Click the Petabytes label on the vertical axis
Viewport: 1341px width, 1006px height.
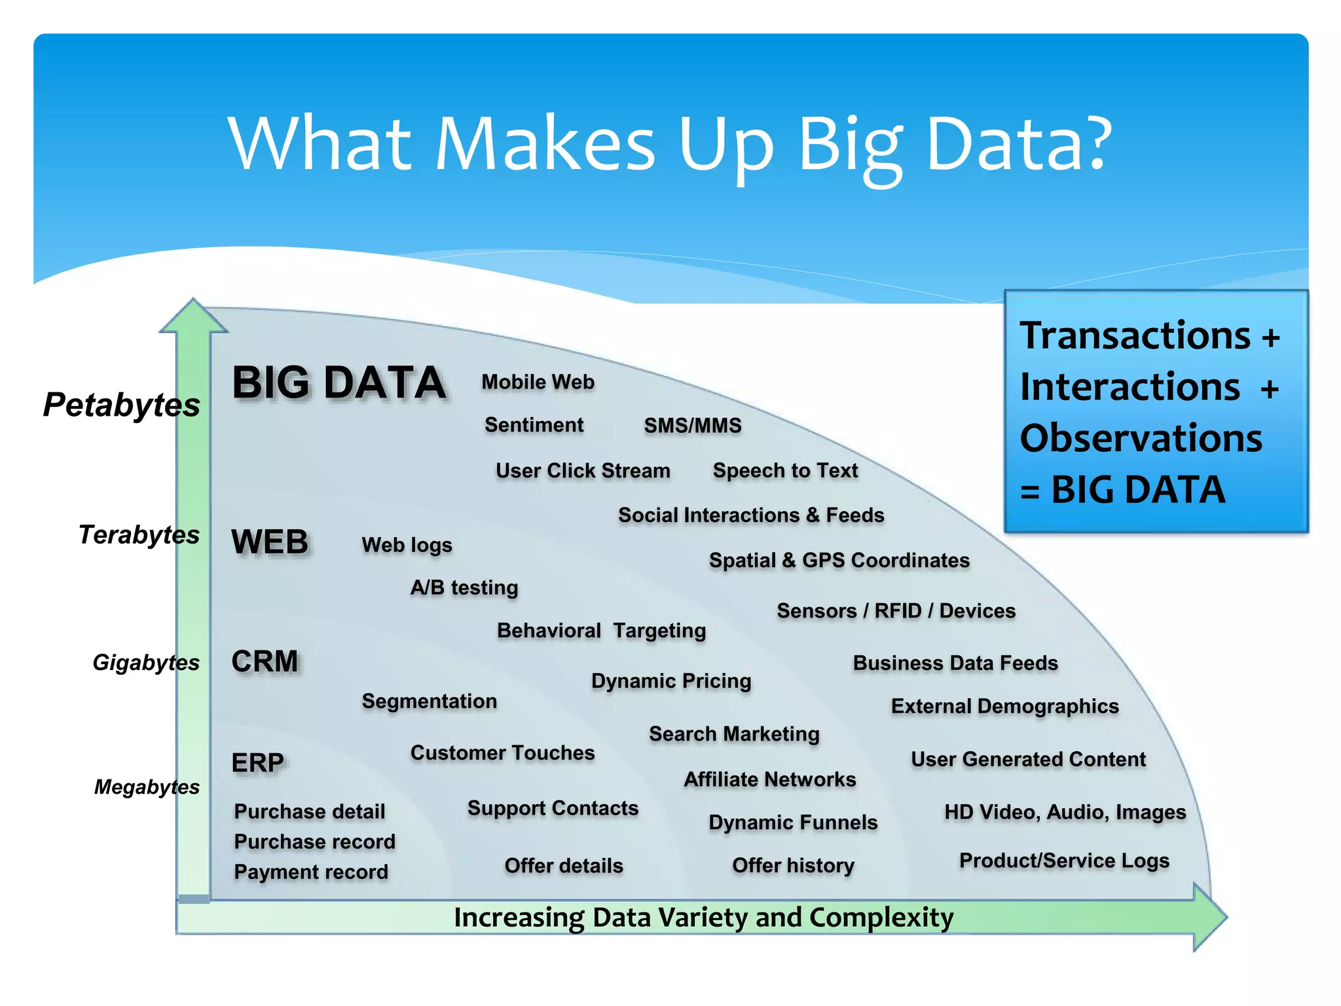pyautogui.click(x=122, y=405)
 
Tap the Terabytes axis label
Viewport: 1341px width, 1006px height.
pyautogui.click(x=139, y=534)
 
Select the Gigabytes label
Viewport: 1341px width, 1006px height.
pyautogui.click(x=145, y=662)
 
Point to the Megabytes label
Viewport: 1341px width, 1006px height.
pyautogui.click(x=147, y=787)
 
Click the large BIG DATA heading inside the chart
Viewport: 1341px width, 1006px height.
pyautogui.click(x=339, y=382)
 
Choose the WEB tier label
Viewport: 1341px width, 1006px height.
pyautogui.click(x=270, y=542)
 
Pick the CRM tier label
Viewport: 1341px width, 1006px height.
pyautogui.click(x=265, y=661)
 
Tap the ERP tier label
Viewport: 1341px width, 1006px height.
pyautogui.click(x=258, y=763)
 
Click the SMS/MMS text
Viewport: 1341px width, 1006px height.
pyautogui.click(x=693, y=426)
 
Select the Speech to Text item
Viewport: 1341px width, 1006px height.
pyautogui.click(x=785, y=470)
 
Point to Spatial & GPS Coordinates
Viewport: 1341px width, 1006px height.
pyautogui.click(x=839, y=561)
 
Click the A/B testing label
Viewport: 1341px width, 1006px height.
pyautogui.click(x=464, y=587)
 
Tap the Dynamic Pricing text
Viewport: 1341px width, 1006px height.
pyautogui.click(x=671, y=681)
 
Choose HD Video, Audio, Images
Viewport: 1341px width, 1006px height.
pyautogui.click(x=1065, y=812)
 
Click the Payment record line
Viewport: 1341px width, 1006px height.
pyautogui.click(x=311, y=872)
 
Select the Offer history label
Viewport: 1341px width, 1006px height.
pyautogui.click(x=793, y=866)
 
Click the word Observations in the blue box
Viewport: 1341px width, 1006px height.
pyautogui.click(x=1141, y=438)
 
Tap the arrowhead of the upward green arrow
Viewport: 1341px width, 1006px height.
pyautogui.click(x=194, y=317)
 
